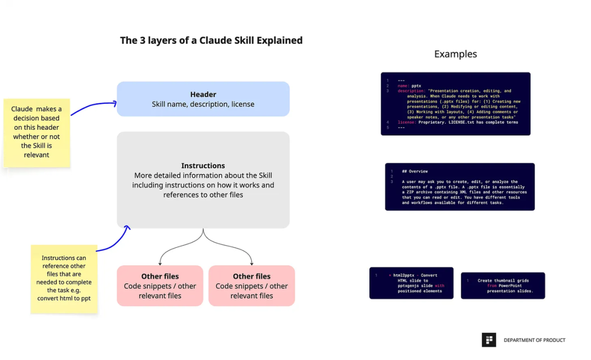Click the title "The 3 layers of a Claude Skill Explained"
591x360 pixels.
(x=211, y=40)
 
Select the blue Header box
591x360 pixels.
(x=203, y=99)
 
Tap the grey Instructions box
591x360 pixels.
(x=203, y=180)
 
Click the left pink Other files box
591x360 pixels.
(x=160, y=286)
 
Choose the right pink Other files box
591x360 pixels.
(x=252, y=286)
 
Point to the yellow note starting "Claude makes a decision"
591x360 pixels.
(x=37, y=132)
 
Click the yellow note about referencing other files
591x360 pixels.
(x=64, y=279)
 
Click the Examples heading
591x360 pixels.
(x=455, y=54)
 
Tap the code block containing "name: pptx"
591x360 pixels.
(x=455, y=104)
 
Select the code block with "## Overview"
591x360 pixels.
(x=460, y=187)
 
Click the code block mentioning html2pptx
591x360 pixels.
(x=412, y=283)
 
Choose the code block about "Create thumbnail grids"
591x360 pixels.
(x=503, y=285)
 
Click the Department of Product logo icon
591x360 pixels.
(x=489, y=340)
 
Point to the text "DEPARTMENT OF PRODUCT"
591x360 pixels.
(x=534, y=340)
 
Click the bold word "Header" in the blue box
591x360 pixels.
(x=203, y=94)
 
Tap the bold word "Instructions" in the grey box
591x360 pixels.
(x=203, y=166)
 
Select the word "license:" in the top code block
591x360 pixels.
(x=407, y=123)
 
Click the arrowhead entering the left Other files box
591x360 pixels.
(x=159, y=263)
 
